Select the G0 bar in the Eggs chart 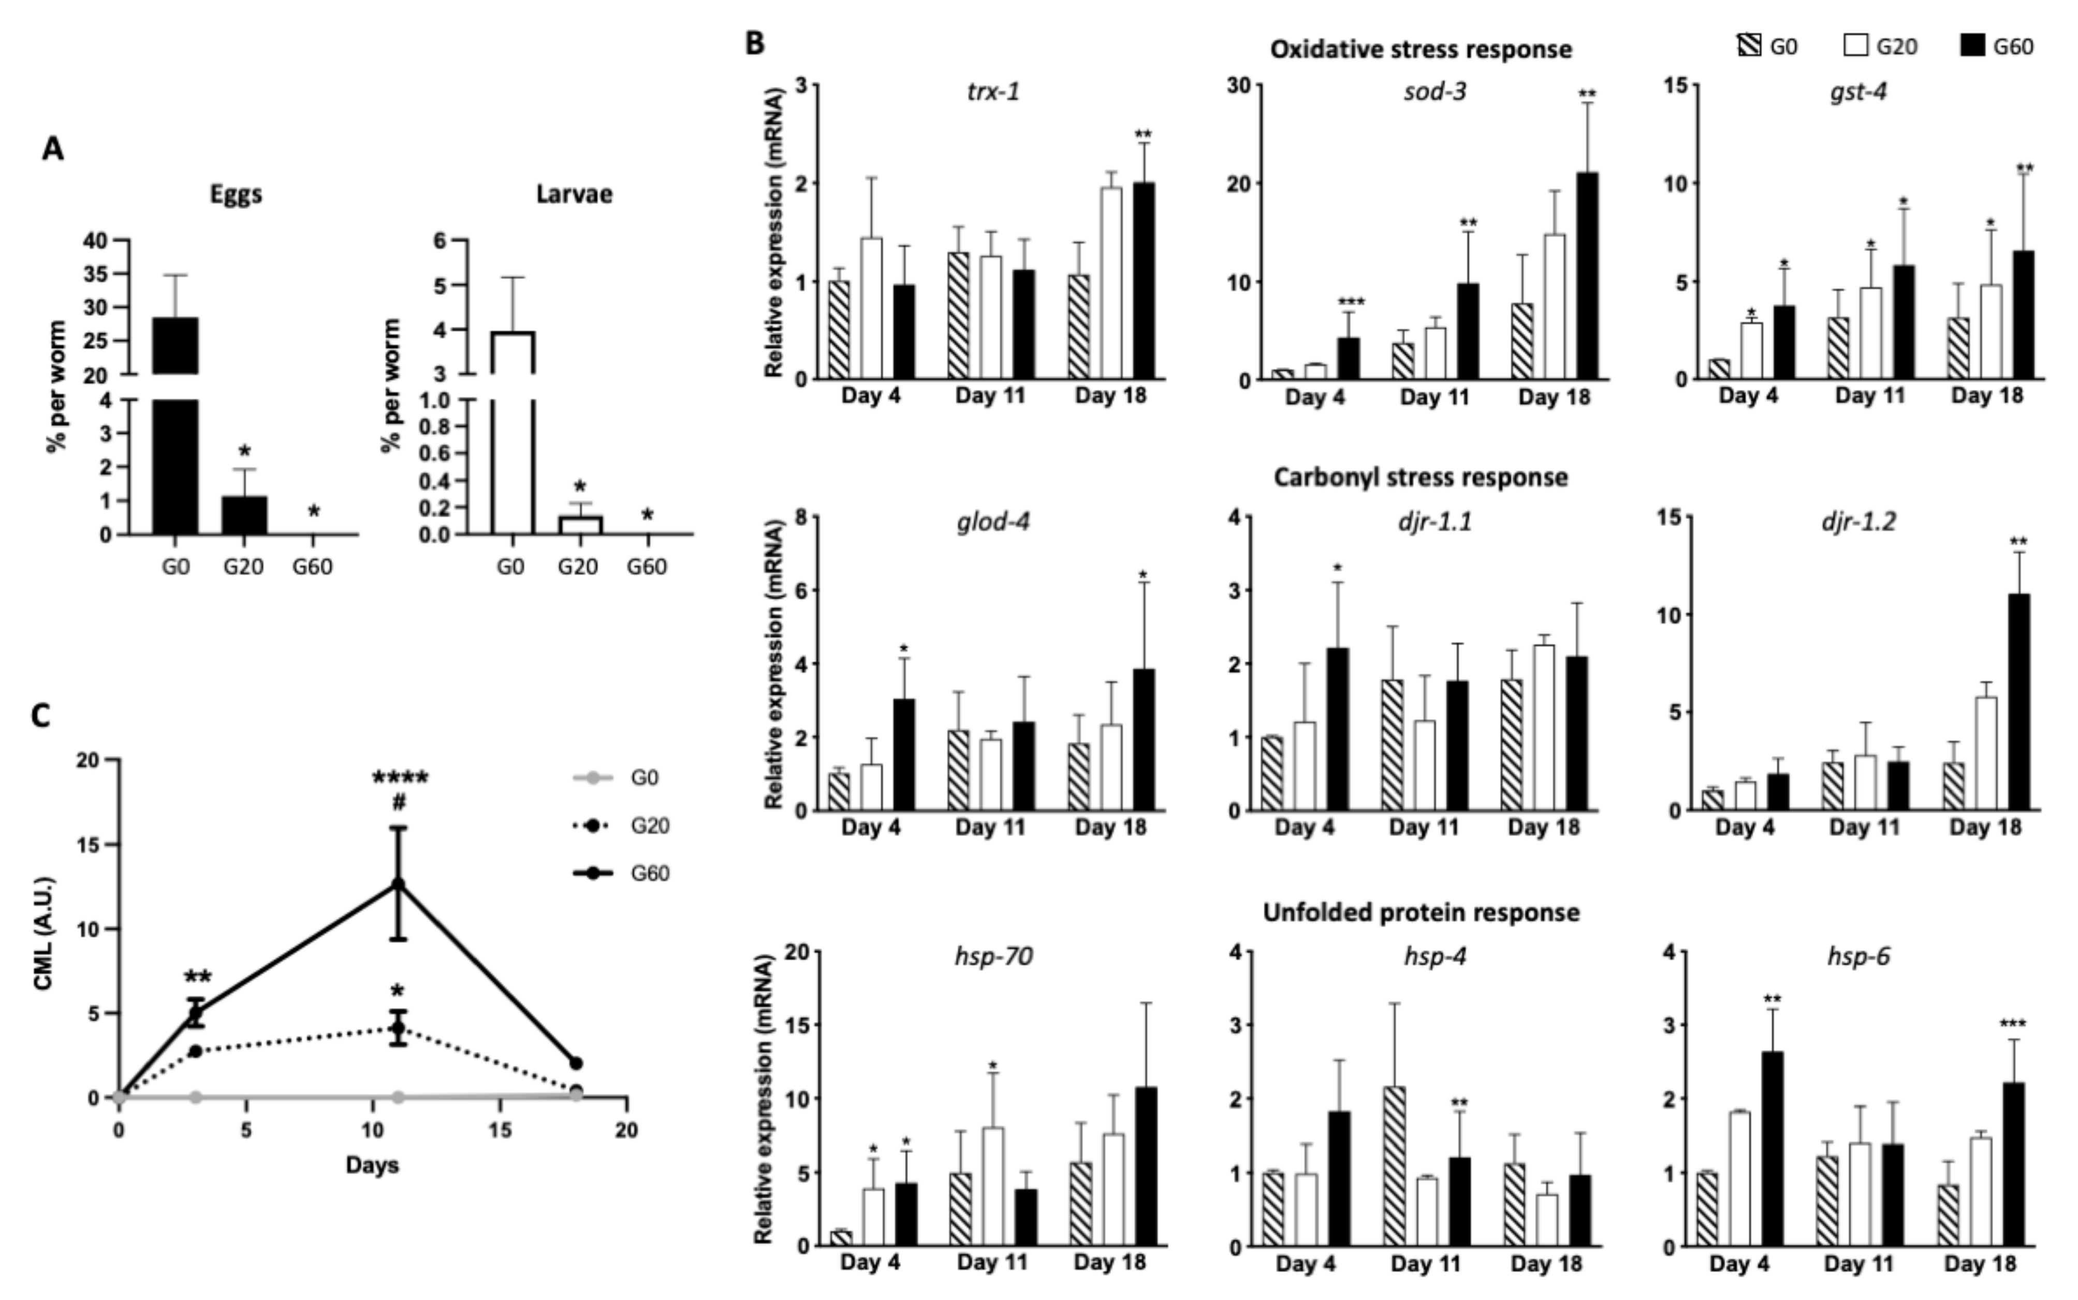coord(175,430)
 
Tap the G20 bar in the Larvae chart coord(579,525)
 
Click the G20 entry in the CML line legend coord(649,825)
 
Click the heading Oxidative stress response coord(1421,50)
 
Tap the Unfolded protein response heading coord(1421,912)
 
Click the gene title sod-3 coord(1435,91)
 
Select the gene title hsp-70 coord(993,956)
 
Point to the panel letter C coord(40,715)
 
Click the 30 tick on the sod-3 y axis coord(1244,85)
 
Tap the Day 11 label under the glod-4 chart coord(990,828)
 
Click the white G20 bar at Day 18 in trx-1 coord(1111,284)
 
